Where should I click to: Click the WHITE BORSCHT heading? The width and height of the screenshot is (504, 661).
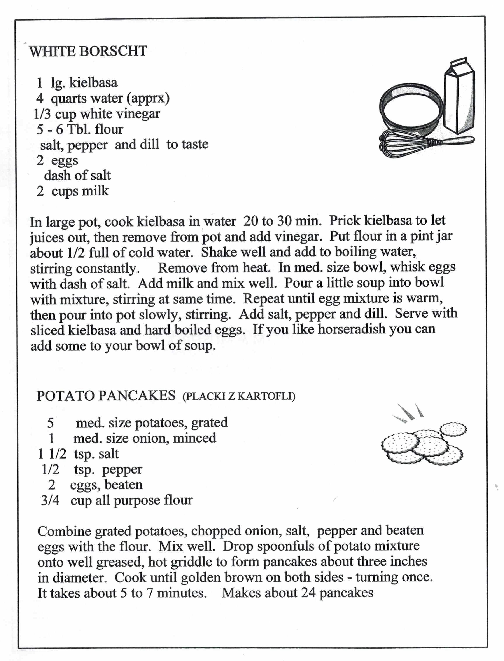(x=88, y=51)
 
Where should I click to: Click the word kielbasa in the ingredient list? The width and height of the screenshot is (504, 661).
(x=93, y=82)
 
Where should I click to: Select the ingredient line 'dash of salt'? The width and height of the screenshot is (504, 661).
(x=77, y=175)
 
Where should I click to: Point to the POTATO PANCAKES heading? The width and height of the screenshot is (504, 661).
(x=106, y=396)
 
